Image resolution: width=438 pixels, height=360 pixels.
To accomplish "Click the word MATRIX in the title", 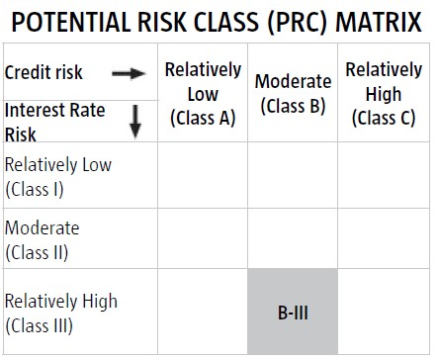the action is click(379, 22).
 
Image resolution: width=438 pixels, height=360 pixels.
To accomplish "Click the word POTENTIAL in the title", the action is click(71, 22).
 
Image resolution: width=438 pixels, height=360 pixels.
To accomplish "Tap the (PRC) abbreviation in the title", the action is click(298, 23).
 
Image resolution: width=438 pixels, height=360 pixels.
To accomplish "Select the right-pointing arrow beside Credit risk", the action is click(129, 73).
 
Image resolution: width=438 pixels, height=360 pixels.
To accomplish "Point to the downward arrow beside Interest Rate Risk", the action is click(135, 122).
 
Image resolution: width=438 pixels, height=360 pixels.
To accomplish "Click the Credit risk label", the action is click(44, 72).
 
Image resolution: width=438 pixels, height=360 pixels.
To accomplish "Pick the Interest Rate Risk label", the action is click(54, 123).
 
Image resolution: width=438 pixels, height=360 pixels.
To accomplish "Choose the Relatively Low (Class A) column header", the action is click(203, 94).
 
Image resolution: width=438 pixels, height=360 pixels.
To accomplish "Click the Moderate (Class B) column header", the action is click(293, 94).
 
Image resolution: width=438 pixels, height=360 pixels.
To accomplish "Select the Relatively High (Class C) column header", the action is click(384, 94).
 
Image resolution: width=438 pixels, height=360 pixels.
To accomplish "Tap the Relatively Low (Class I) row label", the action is click(58, 177).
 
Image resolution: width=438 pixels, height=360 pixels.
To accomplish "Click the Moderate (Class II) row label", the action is click(43, 240).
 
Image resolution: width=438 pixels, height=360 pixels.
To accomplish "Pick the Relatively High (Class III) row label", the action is click(61, 314).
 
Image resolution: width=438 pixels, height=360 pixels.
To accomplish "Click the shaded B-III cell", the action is click(293, 312).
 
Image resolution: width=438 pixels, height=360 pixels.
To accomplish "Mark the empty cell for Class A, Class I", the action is click(203, 175).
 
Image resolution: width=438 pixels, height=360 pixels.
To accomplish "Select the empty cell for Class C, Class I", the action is click(384, 175).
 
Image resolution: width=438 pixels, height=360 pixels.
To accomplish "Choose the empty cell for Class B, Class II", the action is click(293, 238).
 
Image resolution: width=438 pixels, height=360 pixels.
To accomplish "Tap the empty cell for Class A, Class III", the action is click(203, 312).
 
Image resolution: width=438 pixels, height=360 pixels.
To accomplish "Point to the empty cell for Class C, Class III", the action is click(384, 312).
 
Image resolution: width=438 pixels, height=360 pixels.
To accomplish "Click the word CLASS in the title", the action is click(226, 22).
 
